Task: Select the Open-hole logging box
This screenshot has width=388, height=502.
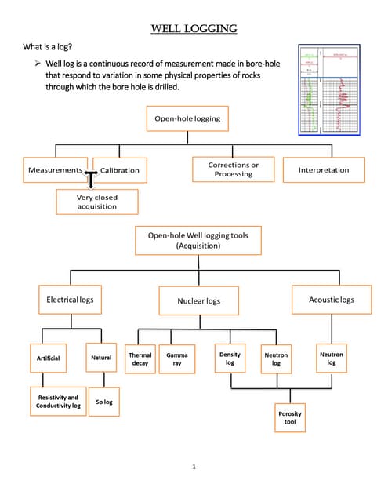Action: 186,119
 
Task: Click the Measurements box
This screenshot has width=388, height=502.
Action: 55,170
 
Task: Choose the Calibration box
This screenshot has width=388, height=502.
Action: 120,170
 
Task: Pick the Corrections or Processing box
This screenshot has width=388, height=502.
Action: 234,169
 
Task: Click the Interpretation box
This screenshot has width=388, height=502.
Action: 324,169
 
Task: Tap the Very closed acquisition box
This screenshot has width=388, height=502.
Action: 97,202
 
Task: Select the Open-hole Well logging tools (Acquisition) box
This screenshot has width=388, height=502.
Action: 187,240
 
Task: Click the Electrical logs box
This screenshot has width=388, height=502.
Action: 70,300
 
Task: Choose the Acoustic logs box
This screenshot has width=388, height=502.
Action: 331,300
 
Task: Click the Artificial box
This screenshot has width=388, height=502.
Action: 49,358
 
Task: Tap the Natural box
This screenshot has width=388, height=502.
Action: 101,358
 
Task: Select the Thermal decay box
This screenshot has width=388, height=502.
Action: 140,359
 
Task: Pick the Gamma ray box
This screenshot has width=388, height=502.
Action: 177,359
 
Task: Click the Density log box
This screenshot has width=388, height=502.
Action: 230,358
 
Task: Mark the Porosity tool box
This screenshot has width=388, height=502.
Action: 290,417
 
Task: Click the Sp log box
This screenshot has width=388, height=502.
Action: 104,402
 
